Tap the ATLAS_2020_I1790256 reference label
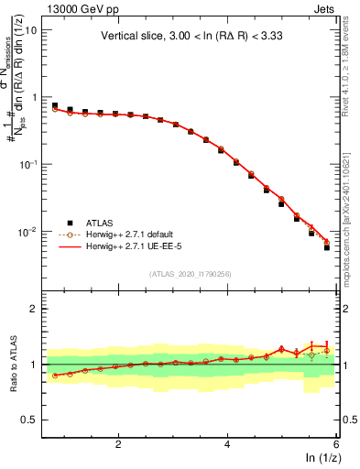[x=191, y=274]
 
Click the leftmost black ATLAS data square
[x=55, y=106]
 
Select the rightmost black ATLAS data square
[x=327, y=248]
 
